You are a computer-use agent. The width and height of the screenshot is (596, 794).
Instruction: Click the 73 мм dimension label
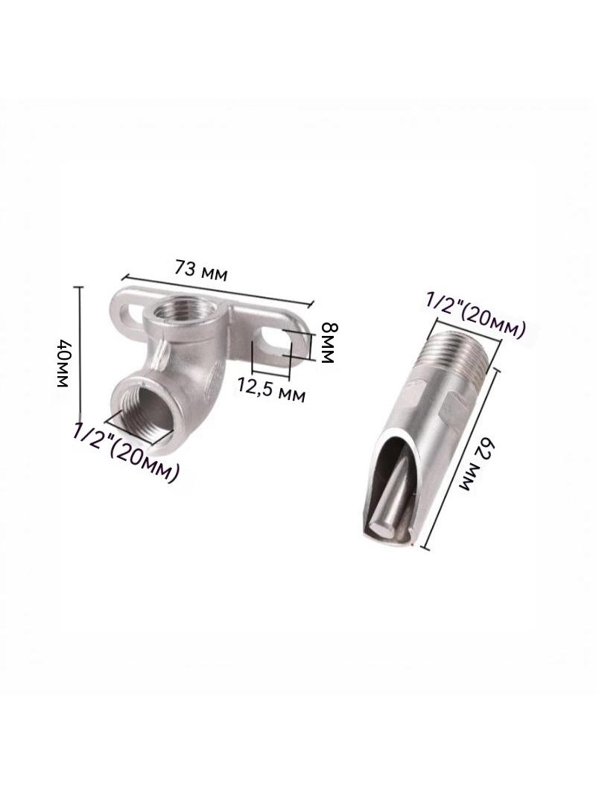[x=201, y=270]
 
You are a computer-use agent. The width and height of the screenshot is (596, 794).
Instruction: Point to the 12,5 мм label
[x=272, y=390]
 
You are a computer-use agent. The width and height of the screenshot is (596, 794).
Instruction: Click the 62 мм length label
[x=475, y=463]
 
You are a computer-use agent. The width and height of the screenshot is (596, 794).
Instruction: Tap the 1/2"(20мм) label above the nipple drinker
[x=474, y=314]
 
